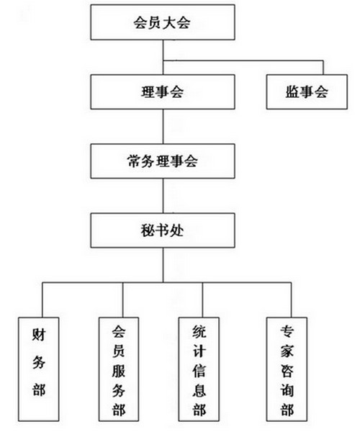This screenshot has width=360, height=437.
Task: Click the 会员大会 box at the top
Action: coord(163,22)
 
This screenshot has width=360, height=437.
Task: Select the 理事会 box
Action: coord(163,91)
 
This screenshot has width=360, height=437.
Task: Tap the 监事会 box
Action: coord(307,91)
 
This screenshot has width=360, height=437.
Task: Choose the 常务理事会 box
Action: coord(163,161)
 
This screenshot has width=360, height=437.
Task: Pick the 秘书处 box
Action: coord(163,230)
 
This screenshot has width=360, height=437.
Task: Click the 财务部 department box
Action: coord(39,369)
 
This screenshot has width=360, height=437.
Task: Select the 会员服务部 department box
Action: coord(119,369)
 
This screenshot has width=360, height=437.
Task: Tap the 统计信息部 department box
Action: coord(199,369)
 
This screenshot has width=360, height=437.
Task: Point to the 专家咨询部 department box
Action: coord(287,369)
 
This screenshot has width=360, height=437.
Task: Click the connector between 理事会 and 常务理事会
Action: coord(163,127)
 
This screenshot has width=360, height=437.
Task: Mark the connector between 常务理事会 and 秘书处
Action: coord(163,196)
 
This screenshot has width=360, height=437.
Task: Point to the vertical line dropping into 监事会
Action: coord(323,68)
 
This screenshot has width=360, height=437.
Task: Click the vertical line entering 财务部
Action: coord(42,300)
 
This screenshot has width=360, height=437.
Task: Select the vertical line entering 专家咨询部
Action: coord(291,300)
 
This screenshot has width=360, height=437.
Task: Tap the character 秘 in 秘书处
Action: coord(148,231)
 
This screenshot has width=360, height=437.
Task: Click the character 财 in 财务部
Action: coord(39,335)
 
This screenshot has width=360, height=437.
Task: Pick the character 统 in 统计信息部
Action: coord(199,332)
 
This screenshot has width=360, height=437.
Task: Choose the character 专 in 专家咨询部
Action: coord(287,331)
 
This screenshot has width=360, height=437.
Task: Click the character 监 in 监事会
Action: coord(292,91)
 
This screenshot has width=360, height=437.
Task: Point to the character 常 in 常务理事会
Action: coord(134,161)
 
